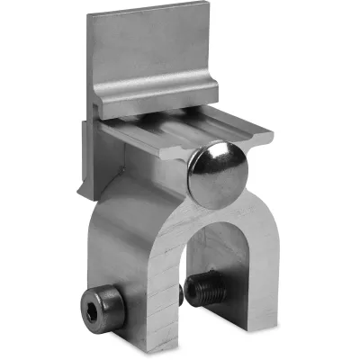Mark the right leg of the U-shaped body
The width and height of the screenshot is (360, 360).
[x=261, y=270]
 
